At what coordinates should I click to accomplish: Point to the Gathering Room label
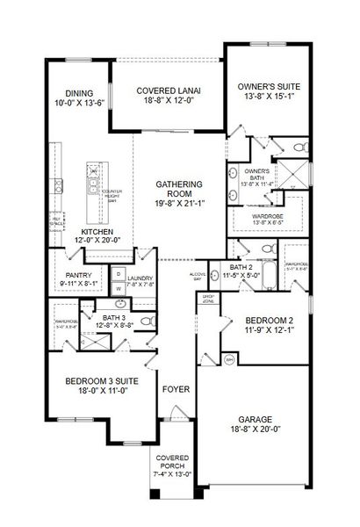(x=180, y=190)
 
